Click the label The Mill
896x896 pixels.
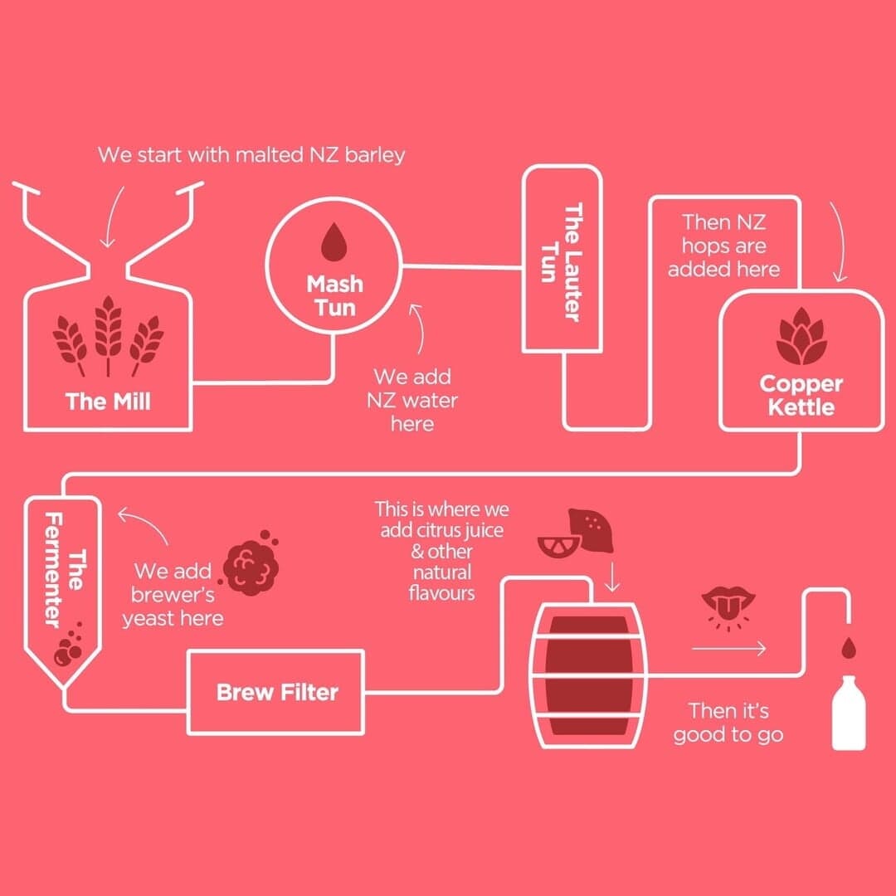tap(108, 402)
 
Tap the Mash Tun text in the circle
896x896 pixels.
tap(334, 296)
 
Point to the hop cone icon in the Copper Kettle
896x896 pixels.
tap(801, 338)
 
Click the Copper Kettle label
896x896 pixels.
tap(801, 396)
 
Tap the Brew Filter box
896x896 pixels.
tap(276, 692)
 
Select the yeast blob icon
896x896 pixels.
tap(251, 567)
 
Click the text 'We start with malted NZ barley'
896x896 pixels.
tap(251, 155)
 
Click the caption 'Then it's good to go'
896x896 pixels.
tap(728, 723)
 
